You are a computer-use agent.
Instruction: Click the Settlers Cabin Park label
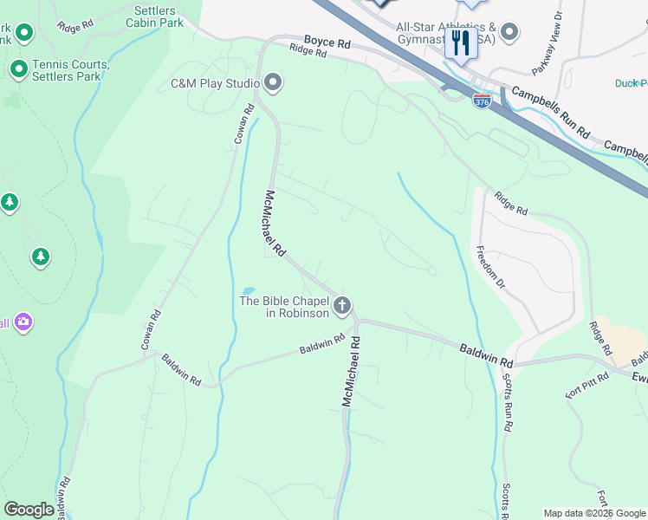pyautogui.click(x=159, y=16)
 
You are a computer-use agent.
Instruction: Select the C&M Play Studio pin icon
pyautogui.click(x=273, y=83)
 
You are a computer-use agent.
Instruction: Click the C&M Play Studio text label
pyautogui.click(x=214, y=84)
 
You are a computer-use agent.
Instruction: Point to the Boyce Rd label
pyautogui.click(x=327, y=42)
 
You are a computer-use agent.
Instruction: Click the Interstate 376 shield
pyautogui.click(x=482, y=101)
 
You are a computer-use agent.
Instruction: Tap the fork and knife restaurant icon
pyautogui.click(x=459, y=43)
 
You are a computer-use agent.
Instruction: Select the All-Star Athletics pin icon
pyautogui.click(x=509, y=33)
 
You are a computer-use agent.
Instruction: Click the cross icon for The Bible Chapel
pyautogui.click(x=342, y=305)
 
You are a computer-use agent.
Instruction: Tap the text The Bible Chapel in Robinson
pyautogui.click(x=284, y=307)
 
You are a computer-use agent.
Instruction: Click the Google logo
pyautogui.click(x=29, y=510)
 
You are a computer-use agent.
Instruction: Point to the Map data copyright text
pyautogui.click(x=594, y=513)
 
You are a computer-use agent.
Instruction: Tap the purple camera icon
pyautogui.click(x=23, y=322)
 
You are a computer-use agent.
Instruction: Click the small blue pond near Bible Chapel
pyautogui.click(x=249, y=290)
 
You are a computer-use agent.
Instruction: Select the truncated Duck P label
pyautogui.click(x=631, y=83)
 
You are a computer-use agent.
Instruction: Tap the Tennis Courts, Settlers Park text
pyautogui.click(x=70, y=70)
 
